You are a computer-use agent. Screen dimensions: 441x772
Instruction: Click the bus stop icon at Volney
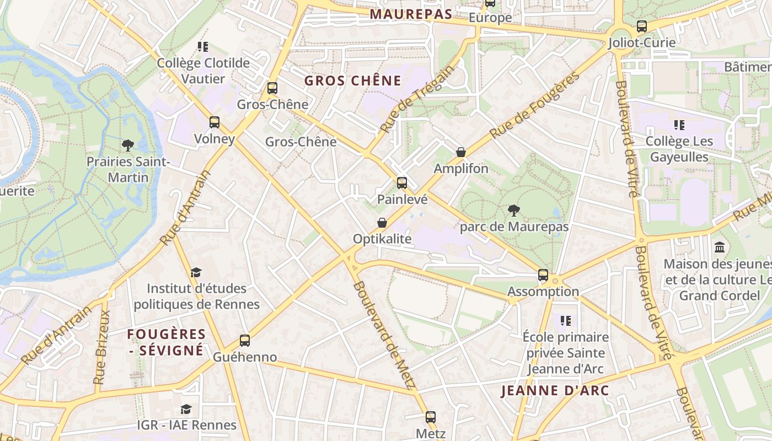(x=215, y=122)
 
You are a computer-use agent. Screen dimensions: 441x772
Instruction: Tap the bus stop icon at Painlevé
(x=402, y=183)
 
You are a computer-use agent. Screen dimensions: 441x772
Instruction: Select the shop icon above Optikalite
(x=382, y=223)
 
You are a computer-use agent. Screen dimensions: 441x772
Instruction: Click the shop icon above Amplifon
(x=461, y=152)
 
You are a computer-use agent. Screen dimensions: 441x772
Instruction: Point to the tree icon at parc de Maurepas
(x=514, y=210)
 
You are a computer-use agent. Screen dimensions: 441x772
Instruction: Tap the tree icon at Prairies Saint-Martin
(x=128, y=146)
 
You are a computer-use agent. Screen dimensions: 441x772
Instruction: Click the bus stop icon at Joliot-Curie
(x=641, y=26)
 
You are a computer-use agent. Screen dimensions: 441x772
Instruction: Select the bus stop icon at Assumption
(x=543, y=275)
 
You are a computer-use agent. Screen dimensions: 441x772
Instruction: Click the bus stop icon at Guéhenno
(x=245, y=341)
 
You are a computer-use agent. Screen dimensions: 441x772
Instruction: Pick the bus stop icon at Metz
(x=431, y=417)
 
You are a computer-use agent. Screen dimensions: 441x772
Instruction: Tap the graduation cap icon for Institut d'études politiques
(x=196, y=272)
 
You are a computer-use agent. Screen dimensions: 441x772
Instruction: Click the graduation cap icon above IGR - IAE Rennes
(x=186, y=409)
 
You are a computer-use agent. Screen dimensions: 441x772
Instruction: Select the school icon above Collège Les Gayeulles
(x=679, y=125)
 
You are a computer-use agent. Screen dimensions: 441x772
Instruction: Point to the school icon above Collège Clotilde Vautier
(x=203, y=47)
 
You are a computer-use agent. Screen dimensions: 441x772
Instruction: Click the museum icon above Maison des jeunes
(x=720, y=248)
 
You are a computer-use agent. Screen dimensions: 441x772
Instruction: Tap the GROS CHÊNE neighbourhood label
(x=353, y=81)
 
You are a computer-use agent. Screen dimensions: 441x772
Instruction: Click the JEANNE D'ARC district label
(x=555, y=391)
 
